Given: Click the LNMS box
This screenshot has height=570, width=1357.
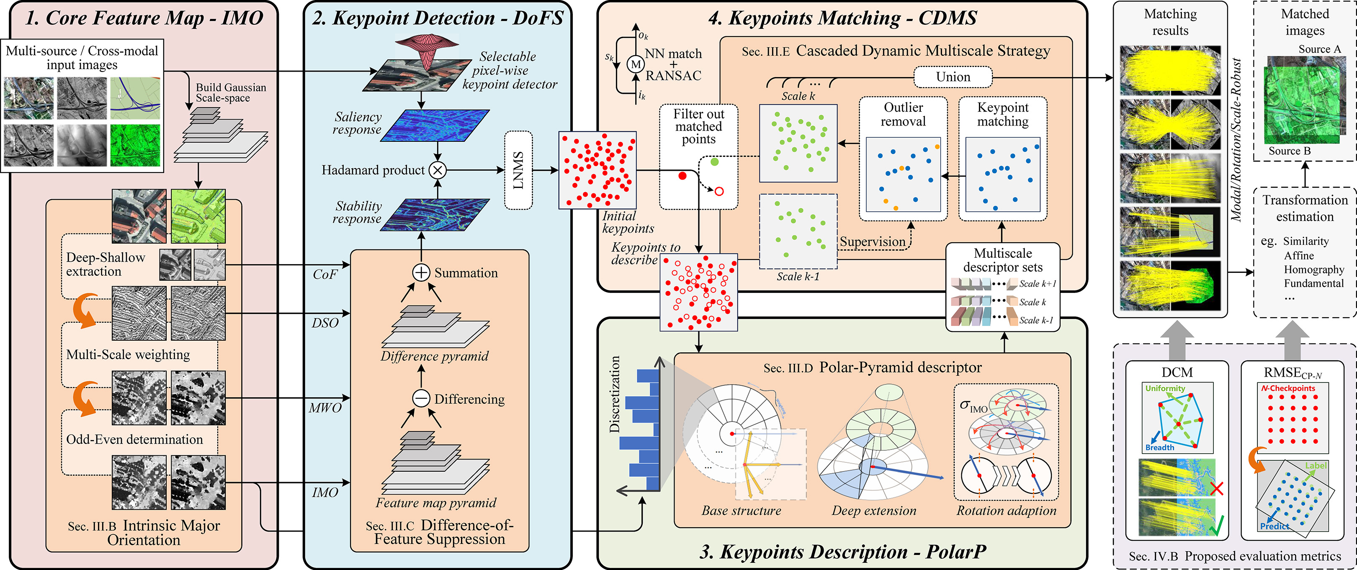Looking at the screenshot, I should pos(518,170).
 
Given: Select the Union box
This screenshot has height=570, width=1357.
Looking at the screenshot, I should pos(953,77).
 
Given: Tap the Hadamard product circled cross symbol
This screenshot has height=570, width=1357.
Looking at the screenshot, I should pos(437,170).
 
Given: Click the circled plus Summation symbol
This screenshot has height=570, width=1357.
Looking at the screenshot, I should pos(421,272).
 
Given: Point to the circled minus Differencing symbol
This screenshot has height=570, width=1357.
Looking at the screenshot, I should pos(421,398).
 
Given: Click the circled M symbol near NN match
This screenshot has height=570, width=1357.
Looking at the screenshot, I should pos(636,64).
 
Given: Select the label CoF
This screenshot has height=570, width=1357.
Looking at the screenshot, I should pos(324,274).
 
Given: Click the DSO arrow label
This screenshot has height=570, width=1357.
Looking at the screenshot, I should pos(324,323).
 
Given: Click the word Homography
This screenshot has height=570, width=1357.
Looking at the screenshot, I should pos(1314,270).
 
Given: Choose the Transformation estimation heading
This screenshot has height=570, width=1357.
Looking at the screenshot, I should pos(1305,208).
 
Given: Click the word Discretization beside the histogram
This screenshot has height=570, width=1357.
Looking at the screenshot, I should pos(614,395).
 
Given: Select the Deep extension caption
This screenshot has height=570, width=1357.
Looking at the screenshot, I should pos(874,510).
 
